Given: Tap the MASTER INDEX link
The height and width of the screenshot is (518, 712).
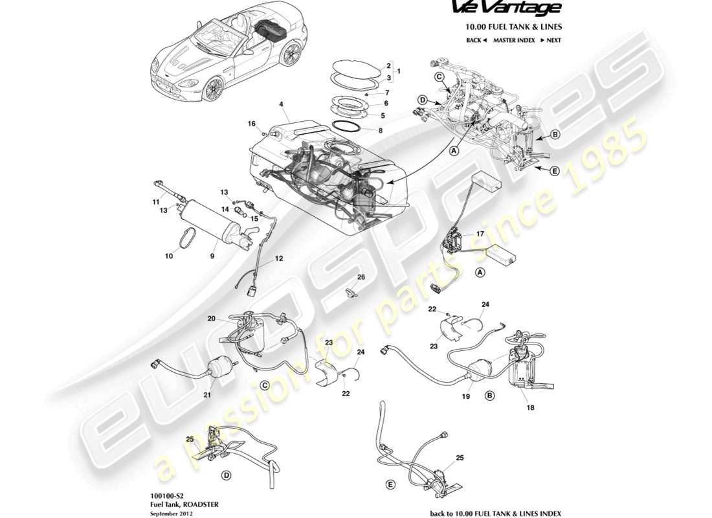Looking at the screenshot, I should [x=513, y=40].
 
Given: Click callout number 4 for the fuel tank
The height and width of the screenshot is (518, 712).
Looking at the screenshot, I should [x=281, y=104].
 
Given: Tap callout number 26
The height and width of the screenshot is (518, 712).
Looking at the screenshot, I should [x=361, y=277].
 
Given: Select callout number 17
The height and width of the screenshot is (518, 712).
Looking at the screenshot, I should [x=480, y=234].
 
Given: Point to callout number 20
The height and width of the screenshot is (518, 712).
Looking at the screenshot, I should [x=211, y=318].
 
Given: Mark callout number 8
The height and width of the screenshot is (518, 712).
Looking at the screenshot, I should [x=379, y=130].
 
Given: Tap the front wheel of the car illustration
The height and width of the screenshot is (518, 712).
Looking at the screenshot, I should [x=211, y=89].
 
